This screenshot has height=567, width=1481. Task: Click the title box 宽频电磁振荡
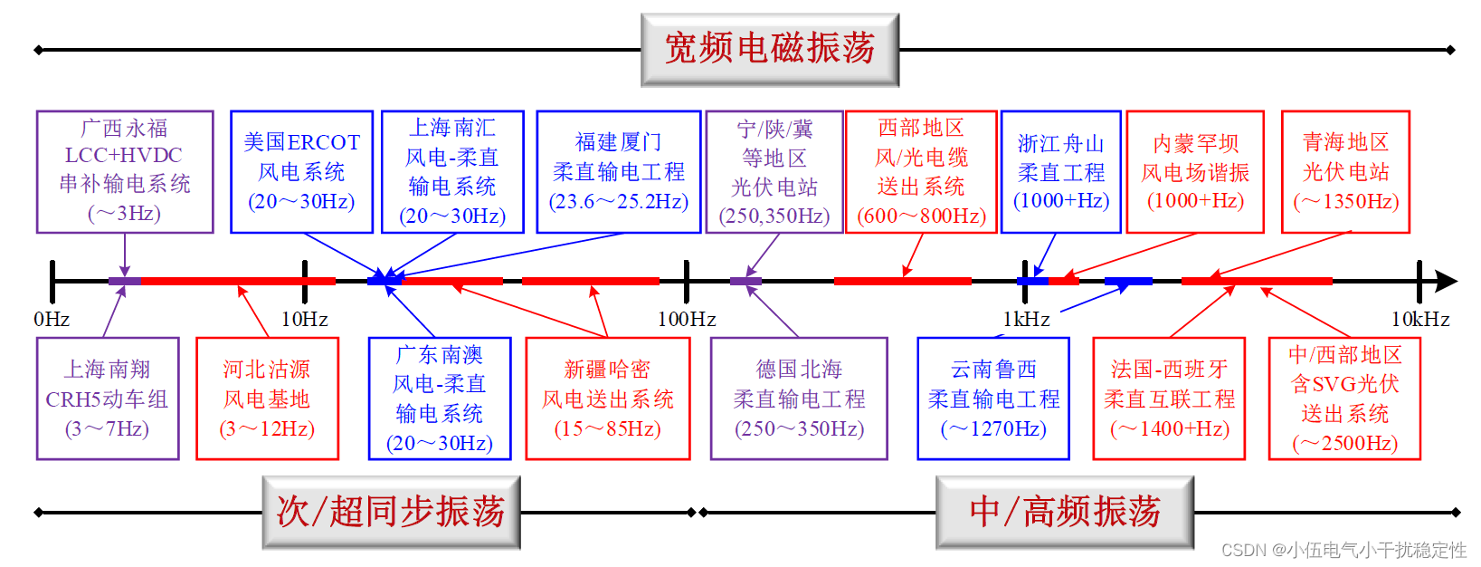[x=769, y=50]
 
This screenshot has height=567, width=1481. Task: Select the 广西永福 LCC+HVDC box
[x=125, y=171]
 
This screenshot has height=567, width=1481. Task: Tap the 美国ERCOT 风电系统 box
[x=301, y=171]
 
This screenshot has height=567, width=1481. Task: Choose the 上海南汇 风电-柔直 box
[x=452, y=171]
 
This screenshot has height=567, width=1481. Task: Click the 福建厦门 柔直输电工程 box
[x=619, y=171]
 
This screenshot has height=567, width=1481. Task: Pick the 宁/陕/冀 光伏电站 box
[x=774, y=171]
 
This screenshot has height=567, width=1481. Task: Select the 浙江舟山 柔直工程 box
[x=1060, y=171]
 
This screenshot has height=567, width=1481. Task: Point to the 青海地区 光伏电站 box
[x=1345, y=171]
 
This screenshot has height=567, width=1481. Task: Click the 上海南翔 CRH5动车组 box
[x=108, y=399]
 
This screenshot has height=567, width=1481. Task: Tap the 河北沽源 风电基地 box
[x=267, y=399]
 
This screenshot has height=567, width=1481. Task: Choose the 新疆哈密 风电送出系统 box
[x=607, y=399]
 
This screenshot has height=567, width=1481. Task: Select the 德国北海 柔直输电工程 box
[x=799, y=399]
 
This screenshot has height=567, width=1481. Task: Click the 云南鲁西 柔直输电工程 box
[x=993, y=399]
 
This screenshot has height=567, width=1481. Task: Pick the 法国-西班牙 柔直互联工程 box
[x=1169, y=399]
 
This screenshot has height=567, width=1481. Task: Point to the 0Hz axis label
[x=52, y=319]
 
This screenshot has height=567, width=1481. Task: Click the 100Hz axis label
[x=687, y=319]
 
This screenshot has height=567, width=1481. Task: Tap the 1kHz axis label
[x=1026, y=319]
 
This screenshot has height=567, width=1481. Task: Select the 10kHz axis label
[x=1419, y=319]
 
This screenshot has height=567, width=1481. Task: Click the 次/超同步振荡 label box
[x=391, y=512]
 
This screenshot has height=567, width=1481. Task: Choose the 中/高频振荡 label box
[x=1065, y=512]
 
